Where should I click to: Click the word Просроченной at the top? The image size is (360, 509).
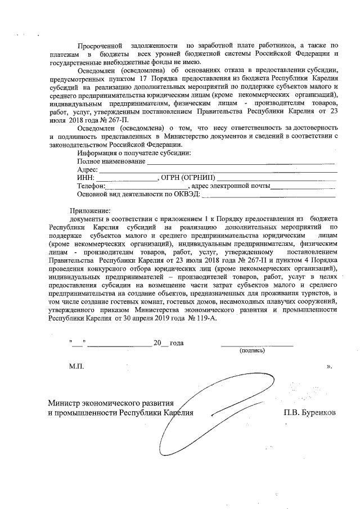pyautogui.click(x=100, y=44)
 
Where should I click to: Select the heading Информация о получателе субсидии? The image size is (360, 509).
pyautogui.click(x=134, y=153)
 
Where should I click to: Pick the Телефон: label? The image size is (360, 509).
pyautogui.click(x=92, y=186)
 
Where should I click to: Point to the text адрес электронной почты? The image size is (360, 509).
pyautogui.click(x=231, y=186)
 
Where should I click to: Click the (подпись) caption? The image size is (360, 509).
pyautogui.click(x=251, y=350)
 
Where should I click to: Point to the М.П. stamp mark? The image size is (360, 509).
pyautogui.click(x=76, y=366)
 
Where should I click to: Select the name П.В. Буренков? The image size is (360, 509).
pyautogui.click(x=310, y=412)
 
